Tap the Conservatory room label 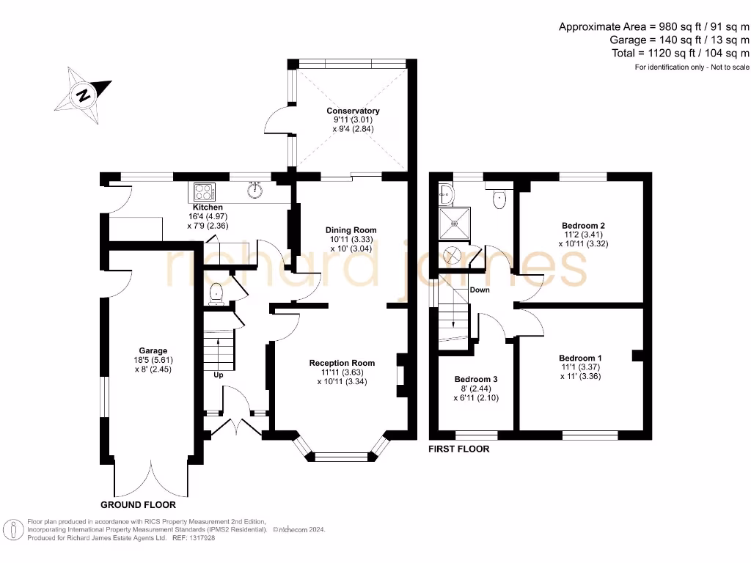[x=353, y=111]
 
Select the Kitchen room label [x=202, y=207]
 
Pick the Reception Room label [x=342, y=363]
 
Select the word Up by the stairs [x=218, y=375]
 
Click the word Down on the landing [x=480, y=290]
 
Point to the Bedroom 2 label [x=584, y=225]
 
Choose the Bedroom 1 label [x=580, y=358]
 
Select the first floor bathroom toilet [x=501, y=199]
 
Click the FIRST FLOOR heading [x=458, y=449]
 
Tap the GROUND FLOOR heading [x=138, y=505]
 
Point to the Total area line [x=681, y=53]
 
